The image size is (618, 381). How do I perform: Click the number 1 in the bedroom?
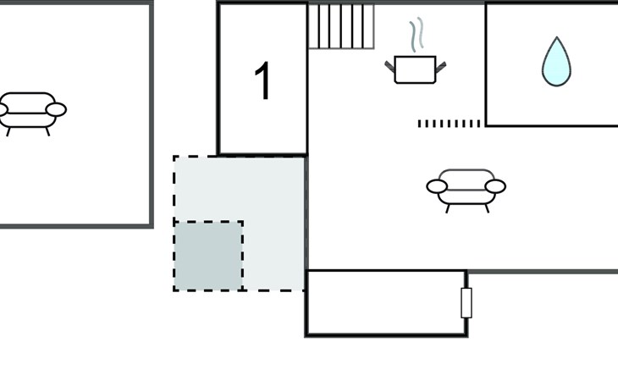coord(263,80)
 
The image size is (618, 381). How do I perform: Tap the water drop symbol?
coord(556,62)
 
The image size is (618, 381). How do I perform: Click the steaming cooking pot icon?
coord(416,51)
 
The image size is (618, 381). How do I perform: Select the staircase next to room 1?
coord(341,26)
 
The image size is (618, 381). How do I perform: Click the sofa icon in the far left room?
coord(30,113)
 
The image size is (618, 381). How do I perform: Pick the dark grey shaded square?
coord(208,256)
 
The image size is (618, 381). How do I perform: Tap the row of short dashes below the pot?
coord(449,124)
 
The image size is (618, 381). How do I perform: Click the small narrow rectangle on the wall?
coord(466,302)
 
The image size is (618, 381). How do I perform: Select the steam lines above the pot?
coord(417,35)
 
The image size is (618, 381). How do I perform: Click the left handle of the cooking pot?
coord(389,67)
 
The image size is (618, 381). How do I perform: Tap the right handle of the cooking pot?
coord(440,67)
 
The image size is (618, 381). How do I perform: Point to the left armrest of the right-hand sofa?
coord(437,186)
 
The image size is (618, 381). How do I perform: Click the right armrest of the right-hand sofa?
coord(495,186)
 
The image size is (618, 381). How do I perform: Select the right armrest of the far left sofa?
coord(56,109)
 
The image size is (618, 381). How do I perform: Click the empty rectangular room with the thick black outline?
coord(386,302)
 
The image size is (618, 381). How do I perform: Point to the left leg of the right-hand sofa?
coord(448,209)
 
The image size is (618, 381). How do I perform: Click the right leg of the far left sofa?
coord(47,132)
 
